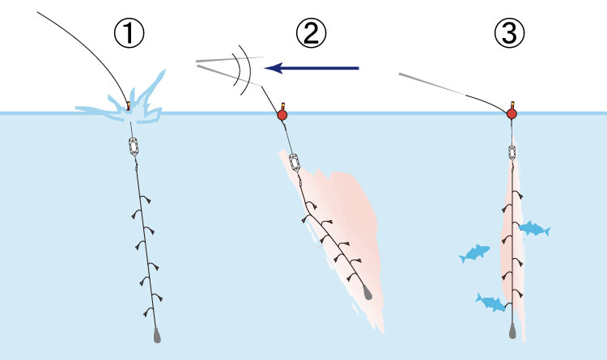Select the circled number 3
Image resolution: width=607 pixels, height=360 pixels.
tap(509, 34)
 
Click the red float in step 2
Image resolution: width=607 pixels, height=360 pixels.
tap(282, 115)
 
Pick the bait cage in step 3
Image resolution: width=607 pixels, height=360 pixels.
tap(512, 152)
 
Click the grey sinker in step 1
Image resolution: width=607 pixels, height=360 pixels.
tap(156, 333)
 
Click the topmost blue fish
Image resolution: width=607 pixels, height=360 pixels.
tap(534, 229)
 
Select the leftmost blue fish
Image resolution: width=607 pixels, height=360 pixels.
tap(474, 253)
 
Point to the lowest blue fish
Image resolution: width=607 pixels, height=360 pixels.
tap(490, 302)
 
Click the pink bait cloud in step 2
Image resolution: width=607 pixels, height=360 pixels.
tap(340, 227)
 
